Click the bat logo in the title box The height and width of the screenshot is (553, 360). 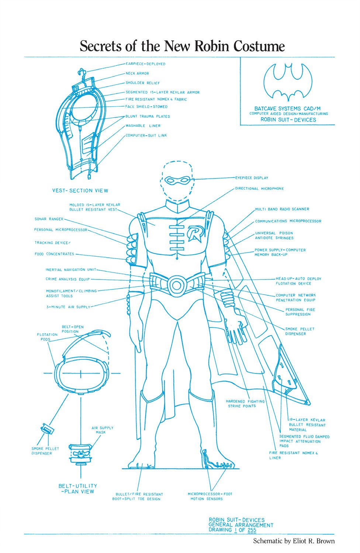[288, 82]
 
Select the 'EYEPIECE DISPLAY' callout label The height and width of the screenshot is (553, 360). [252, 178]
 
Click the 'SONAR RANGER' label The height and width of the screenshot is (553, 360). [49, 219]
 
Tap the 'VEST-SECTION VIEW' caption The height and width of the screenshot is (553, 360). [80, 191]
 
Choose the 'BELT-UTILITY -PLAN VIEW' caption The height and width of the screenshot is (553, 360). [77, 488]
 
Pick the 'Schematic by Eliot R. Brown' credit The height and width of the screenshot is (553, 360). [294, 541]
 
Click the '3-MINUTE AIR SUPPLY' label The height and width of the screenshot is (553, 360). [68, 307]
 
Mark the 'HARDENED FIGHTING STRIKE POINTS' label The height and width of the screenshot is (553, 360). [245, 404]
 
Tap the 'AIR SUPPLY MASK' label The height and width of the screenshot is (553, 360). [102, 430]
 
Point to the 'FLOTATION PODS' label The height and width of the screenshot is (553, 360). [47, 337]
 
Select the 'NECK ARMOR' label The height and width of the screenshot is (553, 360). [137, 73]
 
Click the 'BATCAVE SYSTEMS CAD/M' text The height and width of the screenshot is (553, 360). [287, 109]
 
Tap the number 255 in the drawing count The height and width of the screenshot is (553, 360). [252, 530]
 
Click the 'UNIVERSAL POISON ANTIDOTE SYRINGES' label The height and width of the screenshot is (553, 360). [274, 236]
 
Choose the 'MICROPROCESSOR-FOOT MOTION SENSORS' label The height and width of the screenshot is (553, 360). [210, 496]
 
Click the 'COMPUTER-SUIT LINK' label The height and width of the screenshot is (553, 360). [146, 135]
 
